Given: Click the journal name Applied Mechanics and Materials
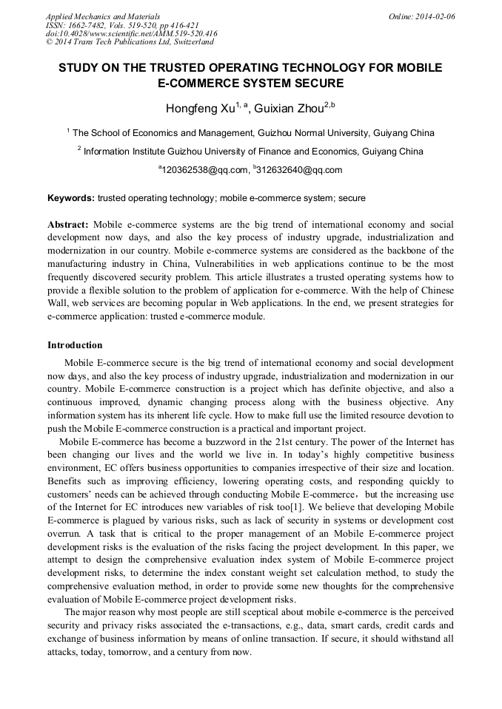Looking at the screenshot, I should coord(103,16).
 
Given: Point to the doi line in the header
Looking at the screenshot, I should coord(131,34).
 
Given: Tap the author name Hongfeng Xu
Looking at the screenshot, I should coord(199,109).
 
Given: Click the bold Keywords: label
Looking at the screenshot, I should coord(70,198).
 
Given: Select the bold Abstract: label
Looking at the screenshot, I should coord(68,224).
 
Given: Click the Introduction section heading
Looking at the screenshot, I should coord(75,345).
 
